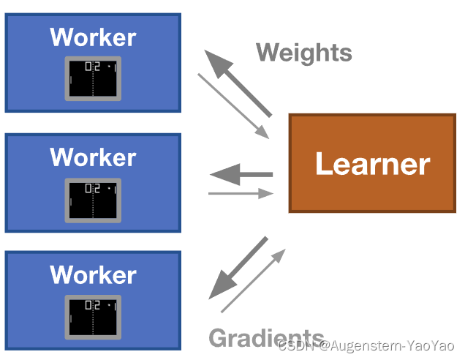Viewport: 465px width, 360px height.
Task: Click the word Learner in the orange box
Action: tap(372, 164)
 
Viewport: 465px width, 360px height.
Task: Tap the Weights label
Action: tap(303, 53)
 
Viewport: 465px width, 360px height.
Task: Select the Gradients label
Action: tap(266, 337)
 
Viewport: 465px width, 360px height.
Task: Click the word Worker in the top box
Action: tap(93, 37)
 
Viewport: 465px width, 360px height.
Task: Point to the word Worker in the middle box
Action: tap(93, 157)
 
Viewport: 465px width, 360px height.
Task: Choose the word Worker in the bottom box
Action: tap(93, 275)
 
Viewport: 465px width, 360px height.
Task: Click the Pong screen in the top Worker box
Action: tap(93, 78)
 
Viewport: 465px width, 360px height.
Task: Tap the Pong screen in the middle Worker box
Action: tap(93, 199)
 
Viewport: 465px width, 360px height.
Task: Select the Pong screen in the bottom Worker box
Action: tap(93, 316)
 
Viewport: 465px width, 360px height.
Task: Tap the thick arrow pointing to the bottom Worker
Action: tap(238, 268)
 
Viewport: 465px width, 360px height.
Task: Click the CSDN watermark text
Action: tap(296, 345)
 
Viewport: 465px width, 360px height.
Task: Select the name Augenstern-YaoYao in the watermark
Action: tap(395, 345)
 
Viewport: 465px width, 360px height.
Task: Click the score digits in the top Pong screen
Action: tap(92, 67)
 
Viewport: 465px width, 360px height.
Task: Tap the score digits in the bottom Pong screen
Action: tap(92, 305)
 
